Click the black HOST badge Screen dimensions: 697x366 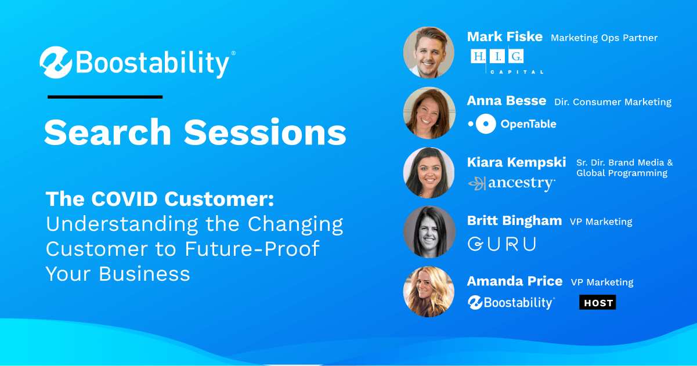[597, 302]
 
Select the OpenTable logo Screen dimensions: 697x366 [512, 124]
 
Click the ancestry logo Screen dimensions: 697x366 [511, 183]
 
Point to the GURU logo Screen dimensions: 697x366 [502, 244]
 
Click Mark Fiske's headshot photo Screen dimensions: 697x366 [429, 52]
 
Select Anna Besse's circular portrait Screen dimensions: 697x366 [429, 113]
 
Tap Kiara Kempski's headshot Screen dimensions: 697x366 [429, 173]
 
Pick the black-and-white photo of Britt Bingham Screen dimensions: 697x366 [429, 232]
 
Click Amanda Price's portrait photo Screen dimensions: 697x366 [429, 292]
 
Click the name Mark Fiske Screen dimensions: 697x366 [505, 37]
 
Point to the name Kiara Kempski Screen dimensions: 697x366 [517, 162]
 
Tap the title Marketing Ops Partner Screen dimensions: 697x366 [604, 38]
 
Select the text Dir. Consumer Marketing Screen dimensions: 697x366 [613, 102]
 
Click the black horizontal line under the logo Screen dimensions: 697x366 [105, 97]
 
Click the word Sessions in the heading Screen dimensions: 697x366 [265, 132]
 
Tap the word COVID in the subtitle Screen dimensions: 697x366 [124, 199]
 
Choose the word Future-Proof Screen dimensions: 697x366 [252, 249]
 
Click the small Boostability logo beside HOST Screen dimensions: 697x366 [511, 303]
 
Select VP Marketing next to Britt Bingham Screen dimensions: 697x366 [601, 222]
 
